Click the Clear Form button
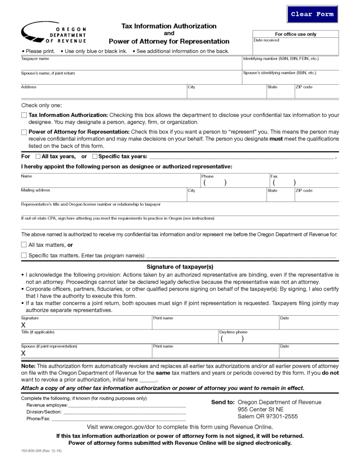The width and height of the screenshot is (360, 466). (312, 14)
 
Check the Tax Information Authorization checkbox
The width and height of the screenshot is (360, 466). (24, 116)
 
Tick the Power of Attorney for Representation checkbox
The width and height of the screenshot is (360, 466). (24, 132)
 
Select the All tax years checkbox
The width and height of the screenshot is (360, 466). (38, 157)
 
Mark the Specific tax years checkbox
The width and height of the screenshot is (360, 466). (95, 157)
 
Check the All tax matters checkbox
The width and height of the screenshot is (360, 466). (24, 245)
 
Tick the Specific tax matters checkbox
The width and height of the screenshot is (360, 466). (24, 255)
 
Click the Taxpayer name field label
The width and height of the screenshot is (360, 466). (35, 59)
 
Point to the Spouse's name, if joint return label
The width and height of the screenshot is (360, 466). (48, 73)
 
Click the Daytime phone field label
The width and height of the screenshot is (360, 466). (233, 332)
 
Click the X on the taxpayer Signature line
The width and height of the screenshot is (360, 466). (23, 325)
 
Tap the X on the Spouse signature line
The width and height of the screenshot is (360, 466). (23, 354)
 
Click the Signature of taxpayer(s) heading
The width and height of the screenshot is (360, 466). (180, 267)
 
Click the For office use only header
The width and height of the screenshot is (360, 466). (295, 34)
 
